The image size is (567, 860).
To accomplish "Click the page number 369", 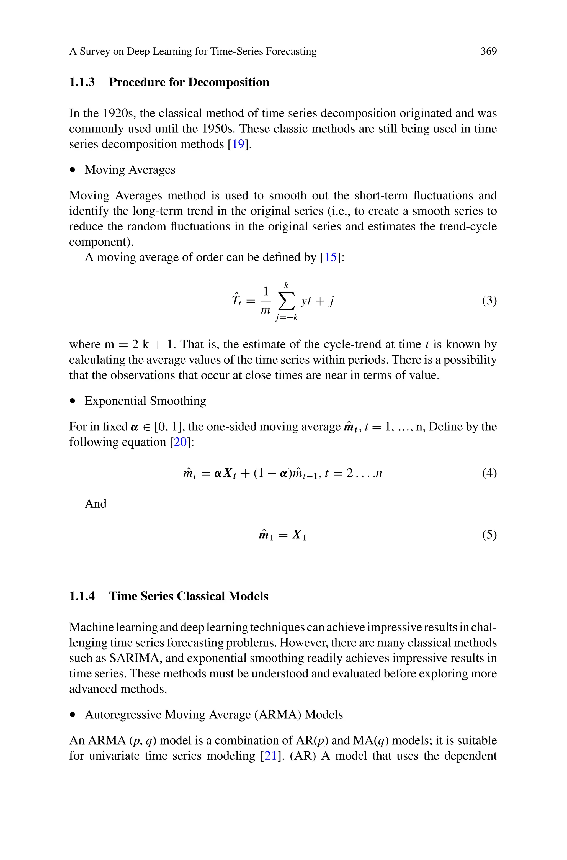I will pyautogui.click(x=489, y=51).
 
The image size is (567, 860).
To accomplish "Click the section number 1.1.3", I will pyautogui.click(x=82, y=83).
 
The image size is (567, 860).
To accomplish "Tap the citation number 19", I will pyautogui.click(x=238, y=144).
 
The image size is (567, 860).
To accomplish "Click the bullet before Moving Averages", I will pyautogui.click(x=73, y=170).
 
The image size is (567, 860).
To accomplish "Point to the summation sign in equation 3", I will pyautogui.click(x=286, y=301).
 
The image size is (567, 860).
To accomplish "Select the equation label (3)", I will pyautogui.click(x=489, y=301).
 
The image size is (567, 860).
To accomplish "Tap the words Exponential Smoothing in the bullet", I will pyautogui.click(x=145, y=401).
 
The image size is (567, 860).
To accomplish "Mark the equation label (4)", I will pyautogui.click(x=489, y=473).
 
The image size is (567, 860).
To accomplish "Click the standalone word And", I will pyautogui.click(x=96, y=504).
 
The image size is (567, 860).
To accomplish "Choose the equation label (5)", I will pyautogui.click(x=489, y=535).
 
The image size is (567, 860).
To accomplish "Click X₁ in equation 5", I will pyautogui.click(x=299, y=535).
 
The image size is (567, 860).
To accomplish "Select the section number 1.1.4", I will pyautogui.click(x=82, y=596).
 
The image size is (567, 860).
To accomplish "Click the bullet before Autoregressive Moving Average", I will pyautogui.click(x=73, y=715).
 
